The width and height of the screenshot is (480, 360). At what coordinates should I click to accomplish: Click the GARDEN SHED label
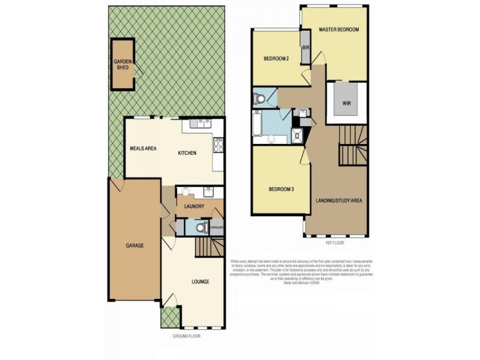pos(123,64)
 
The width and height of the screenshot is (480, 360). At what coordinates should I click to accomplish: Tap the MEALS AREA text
pos(143,148)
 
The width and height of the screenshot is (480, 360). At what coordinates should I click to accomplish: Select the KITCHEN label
pos(187,154)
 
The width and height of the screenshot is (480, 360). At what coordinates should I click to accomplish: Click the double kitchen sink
pos(201,124)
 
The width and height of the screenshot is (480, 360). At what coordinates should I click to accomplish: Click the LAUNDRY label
pos(194,207)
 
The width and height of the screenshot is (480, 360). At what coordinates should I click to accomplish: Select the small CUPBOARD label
pos(217,227)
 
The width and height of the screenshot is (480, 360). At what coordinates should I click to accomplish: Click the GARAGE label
pos(134,245)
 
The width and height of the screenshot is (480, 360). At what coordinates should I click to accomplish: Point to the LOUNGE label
pos(200,281)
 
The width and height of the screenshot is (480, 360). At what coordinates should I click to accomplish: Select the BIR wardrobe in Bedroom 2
pos(305,48)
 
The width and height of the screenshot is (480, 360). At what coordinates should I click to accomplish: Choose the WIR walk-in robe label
pos(346,103)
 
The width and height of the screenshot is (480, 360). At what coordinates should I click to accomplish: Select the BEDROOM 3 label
pos(280,189)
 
